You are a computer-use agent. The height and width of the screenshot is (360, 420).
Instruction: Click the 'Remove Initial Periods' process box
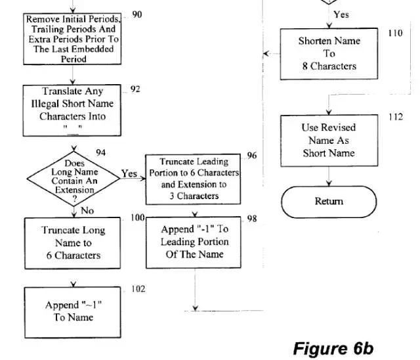coord(73,39)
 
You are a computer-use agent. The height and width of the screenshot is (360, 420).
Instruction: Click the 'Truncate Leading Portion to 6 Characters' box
coord(193,178)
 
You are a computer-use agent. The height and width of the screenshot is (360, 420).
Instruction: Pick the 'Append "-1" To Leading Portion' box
coord(194,241)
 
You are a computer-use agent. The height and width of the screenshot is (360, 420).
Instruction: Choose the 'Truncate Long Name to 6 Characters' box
coord(73,242)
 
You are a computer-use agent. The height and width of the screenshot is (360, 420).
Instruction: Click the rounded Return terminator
coord(328,202)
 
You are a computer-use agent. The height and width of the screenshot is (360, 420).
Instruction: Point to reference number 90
coord(137,14)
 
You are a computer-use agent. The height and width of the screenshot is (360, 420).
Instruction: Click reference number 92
coord(135,89)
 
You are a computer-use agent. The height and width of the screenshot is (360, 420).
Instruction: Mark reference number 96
coord(252,156)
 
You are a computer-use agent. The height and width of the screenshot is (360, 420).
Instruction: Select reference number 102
coord(137,289)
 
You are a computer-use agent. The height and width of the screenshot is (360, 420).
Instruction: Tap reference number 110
coord(394,34)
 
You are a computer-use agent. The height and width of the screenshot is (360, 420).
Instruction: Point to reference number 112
coord(394,118)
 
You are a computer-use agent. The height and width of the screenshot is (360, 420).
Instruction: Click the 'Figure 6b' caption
coord(333,347)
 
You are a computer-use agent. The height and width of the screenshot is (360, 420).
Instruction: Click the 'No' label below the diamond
coord(87,210)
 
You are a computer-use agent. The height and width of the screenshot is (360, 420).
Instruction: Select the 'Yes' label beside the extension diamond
coord(129,174)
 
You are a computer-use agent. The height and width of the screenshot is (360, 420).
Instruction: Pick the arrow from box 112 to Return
coord(328,176)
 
